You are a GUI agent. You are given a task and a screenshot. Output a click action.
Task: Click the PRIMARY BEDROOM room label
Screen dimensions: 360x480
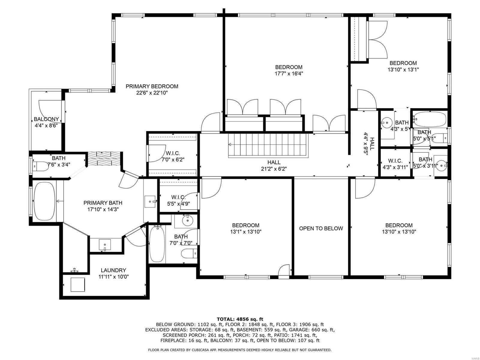152,86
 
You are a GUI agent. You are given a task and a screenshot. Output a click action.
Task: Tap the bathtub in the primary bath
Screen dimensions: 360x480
44,201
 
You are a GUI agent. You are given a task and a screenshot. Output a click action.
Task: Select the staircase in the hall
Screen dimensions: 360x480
268,145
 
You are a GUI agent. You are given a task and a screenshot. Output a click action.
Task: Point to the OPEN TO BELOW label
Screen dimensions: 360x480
321,228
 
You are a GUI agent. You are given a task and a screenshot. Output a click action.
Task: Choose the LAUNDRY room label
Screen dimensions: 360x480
113,270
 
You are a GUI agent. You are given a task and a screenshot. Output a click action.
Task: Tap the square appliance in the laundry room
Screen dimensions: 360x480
78,284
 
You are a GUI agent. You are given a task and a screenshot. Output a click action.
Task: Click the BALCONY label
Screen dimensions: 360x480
46,119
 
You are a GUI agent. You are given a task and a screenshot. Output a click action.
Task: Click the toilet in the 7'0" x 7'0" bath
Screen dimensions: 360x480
189,253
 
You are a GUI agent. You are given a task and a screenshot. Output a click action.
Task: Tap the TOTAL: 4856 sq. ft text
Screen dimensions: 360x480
240,319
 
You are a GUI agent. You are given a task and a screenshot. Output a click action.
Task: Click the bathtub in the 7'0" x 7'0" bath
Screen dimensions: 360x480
157,244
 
